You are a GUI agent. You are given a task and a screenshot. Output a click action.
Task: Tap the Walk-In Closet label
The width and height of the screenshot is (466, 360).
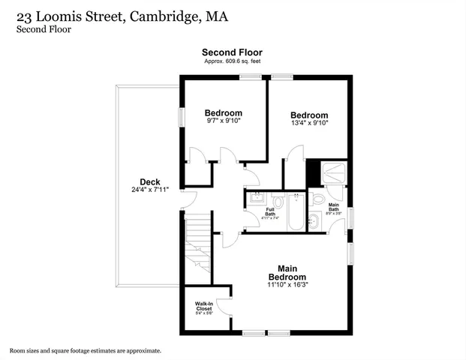pos(204,307)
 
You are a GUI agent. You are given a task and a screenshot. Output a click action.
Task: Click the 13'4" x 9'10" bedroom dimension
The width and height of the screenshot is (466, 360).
pos(310,123)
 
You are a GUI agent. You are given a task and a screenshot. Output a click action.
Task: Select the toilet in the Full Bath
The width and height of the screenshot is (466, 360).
pos(277,202)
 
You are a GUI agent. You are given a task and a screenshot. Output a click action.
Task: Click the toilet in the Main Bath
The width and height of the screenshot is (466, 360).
pos(318,199)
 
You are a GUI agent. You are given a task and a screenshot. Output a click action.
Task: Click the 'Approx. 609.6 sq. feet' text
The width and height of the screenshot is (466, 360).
pos(232,61)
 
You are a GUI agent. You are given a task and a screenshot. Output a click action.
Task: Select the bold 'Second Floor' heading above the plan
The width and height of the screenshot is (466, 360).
pos(232,52)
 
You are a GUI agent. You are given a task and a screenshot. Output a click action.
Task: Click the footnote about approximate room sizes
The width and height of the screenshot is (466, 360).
pos(85,350)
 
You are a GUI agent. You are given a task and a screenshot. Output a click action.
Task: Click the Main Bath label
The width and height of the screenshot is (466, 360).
pos(334,207)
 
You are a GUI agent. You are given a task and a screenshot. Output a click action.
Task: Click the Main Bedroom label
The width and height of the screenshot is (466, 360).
pos(292,272)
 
